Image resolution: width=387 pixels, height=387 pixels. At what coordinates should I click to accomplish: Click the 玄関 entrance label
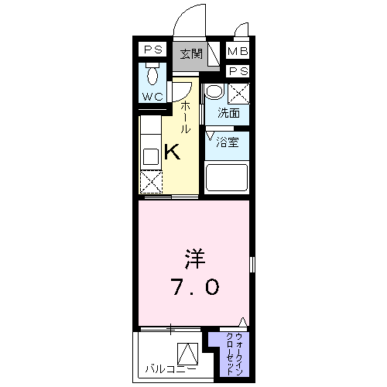(x=191, y=54)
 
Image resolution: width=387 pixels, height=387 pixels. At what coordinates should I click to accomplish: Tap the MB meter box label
(x=238, y=51)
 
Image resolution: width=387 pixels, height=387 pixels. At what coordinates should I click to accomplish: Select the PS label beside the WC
(x=153, y=50)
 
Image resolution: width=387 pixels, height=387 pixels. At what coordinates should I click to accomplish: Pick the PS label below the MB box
(x=238, y=71)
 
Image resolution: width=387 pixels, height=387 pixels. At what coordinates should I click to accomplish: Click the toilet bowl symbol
(x=153, y=74)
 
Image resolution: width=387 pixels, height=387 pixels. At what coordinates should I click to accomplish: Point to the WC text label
(x=152, y=97)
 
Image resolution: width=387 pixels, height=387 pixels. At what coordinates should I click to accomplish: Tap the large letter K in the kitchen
(x=172, y=152)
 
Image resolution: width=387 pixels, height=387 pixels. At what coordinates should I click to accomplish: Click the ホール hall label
(x=185, y=117)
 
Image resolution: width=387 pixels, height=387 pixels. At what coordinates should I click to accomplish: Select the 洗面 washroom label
(x=228, y=113)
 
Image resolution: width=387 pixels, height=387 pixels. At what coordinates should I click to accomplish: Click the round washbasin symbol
(x=214, y=91)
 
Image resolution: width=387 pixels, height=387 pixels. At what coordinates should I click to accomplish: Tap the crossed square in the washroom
(x=238, y=94)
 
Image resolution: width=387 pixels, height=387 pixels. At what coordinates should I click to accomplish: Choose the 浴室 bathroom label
(x=228, y=142)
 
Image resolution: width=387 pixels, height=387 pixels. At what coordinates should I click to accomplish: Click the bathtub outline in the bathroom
(x=226, y=177)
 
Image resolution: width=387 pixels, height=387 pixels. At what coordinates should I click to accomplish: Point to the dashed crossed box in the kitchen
(x=151, y=182)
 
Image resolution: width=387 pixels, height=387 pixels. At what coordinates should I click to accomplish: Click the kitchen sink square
(x=151, y=156)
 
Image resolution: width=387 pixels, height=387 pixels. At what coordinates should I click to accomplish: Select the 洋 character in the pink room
(x=194, y=259)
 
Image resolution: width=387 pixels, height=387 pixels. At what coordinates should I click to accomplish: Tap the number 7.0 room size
(x=196, y=287)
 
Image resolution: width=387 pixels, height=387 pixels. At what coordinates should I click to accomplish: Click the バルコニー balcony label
(x=170, y=369)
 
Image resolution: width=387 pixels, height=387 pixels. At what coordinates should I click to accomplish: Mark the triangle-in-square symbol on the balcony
(x=188, y=354)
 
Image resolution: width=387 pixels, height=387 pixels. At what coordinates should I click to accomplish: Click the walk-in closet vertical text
(x=235, y=354)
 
